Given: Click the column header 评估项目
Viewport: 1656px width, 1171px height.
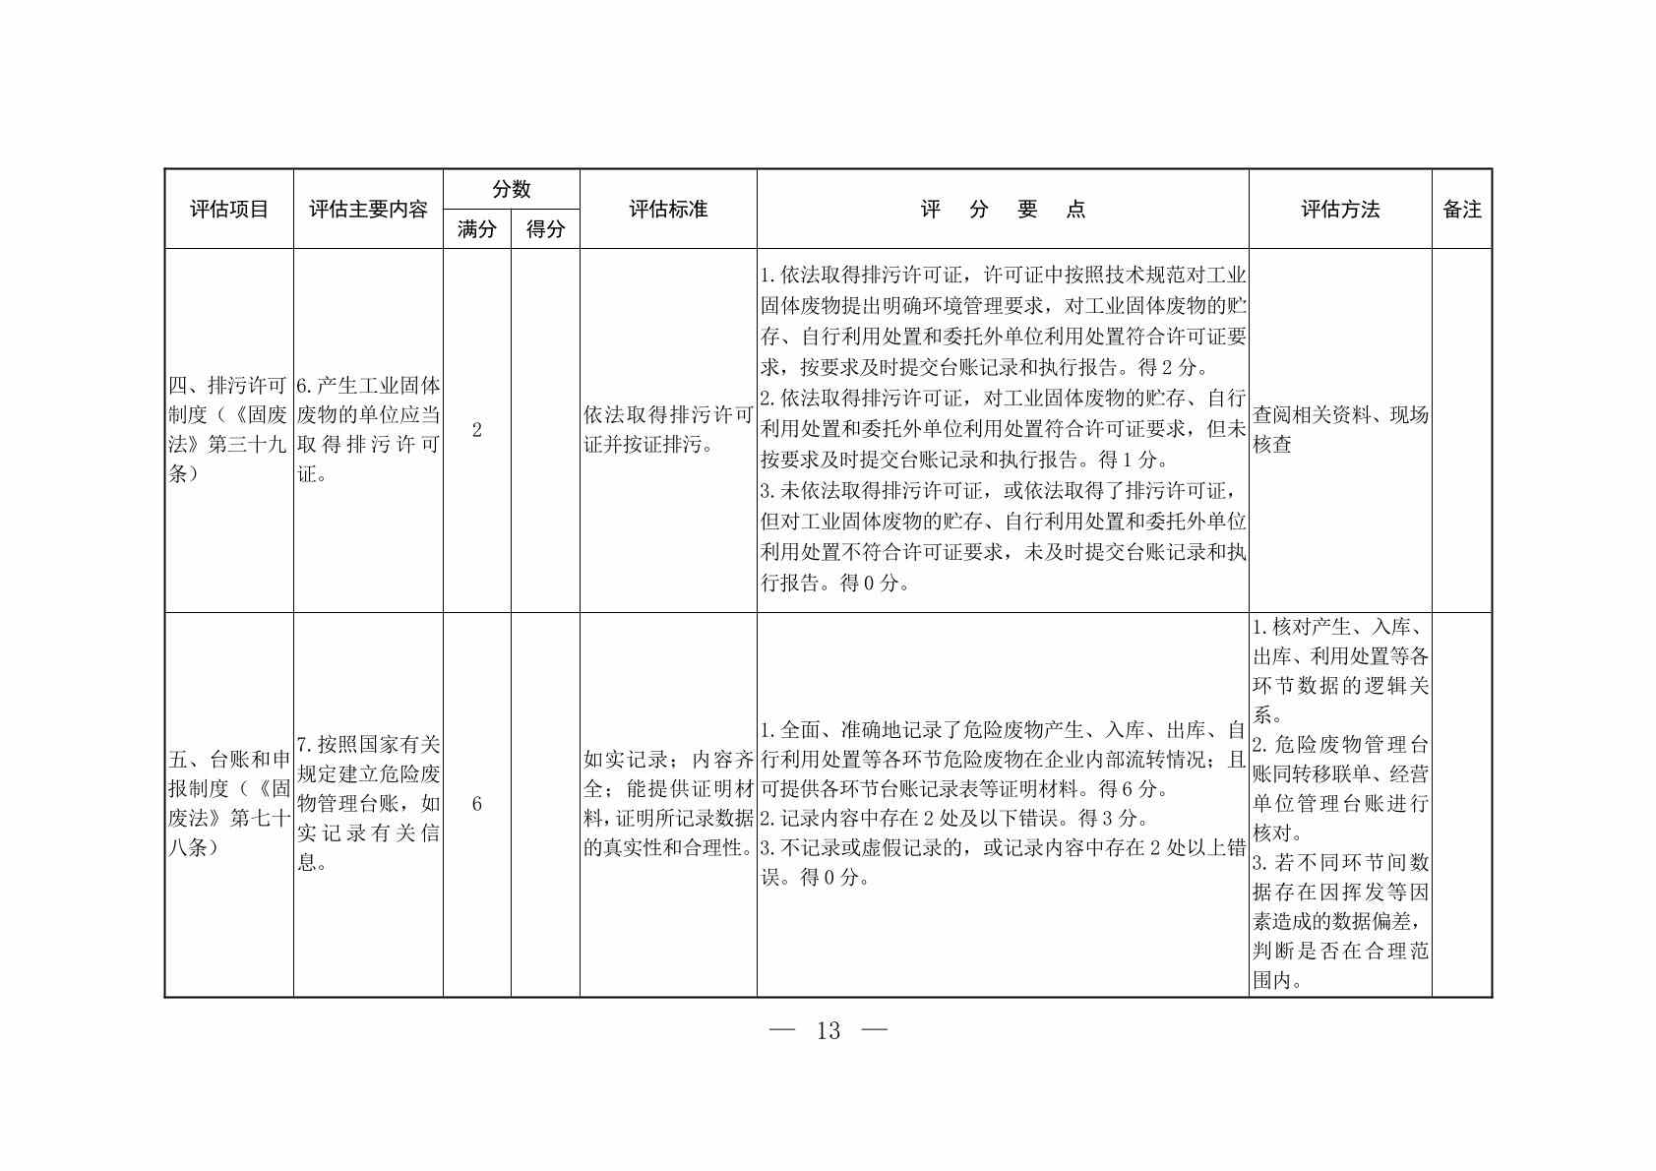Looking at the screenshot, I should click(228, 210).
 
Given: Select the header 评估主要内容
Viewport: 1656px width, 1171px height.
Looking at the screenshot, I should click(368, 210).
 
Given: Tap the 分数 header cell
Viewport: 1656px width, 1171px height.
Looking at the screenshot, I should click(511, 189).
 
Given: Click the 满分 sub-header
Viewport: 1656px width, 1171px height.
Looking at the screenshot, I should click(476, 229).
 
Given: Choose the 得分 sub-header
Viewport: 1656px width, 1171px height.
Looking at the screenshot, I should click(545, 229).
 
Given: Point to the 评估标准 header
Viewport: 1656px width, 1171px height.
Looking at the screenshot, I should click(668, 210).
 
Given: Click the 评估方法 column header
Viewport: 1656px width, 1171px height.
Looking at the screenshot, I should click(1340, 210).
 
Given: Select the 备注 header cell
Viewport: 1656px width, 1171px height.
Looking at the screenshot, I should click(1461, 210).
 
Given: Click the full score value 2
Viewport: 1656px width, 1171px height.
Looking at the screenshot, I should click(477, 430).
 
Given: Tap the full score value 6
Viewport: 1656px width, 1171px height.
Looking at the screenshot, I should click(477, 804).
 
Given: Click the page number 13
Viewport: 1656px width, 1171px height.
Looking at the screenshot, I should click(828, 1030).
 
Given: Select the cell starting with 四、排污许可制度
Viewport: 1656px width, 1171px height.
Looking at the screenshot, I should click(228, 430).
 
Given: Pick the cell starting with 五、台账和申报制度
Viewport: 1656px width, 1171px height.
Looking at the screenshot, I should click(228, 803).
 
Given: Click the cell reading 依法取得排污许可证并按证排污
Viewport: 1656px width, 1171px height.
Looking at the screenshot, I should click(668, 430).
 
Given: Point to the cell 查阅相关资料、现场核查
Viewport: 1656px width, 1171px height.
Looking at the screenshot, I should click(1340, 430).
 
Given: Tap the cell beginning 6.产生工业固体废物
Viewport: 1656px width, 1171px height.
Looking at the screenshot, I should click(368, 430).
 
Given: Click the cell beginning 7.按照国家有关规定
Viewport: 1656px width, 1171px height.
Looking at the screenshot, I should click(368, 803).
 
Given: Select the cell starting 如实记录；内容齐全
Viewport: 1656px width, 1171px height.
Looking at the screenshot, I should click(668, 803).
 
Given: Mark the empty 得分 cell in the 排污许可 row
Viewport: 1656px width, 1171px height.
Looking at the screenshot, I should click(545, 430).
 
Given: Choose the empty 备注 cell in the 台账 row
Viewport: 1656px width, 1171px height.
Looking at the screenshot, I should click(1461, 804).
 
